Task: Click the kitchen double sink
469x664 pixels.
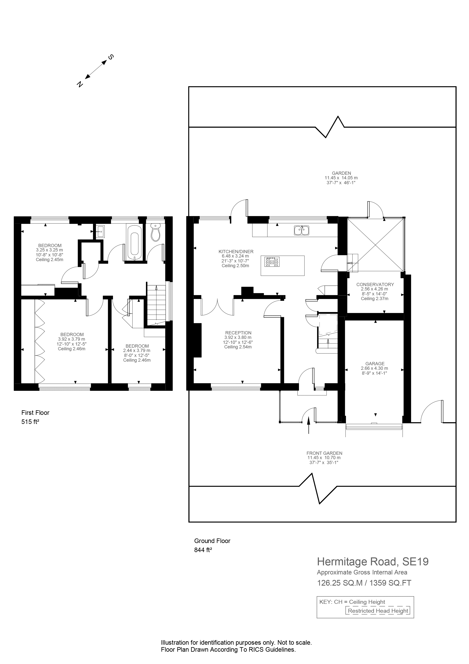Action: point(301,230)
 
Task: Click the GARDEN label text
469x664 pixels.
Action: point(341,173)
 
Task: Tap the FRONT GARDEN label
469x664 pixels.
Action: point(324,453)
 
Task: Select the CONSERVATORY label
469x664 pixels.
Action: point(375,284)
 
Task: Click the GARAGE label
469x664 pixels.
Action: point(375,364)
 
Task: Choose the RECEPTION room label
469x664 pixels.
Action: point(238,333)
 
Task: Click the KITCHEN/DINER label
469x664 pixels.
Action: point(236,252)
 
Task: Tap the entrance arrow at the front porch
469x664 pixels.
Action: point(309,425)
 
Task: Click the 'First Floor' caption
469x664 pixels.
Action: point(35,413)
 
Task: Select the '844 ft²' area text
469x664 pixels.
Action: point(203,550)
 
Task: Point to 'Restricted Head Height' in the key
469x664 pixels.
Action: point(378,611)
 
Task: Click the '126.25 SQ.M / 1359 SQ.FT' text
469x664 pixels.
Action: point(364,583)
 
